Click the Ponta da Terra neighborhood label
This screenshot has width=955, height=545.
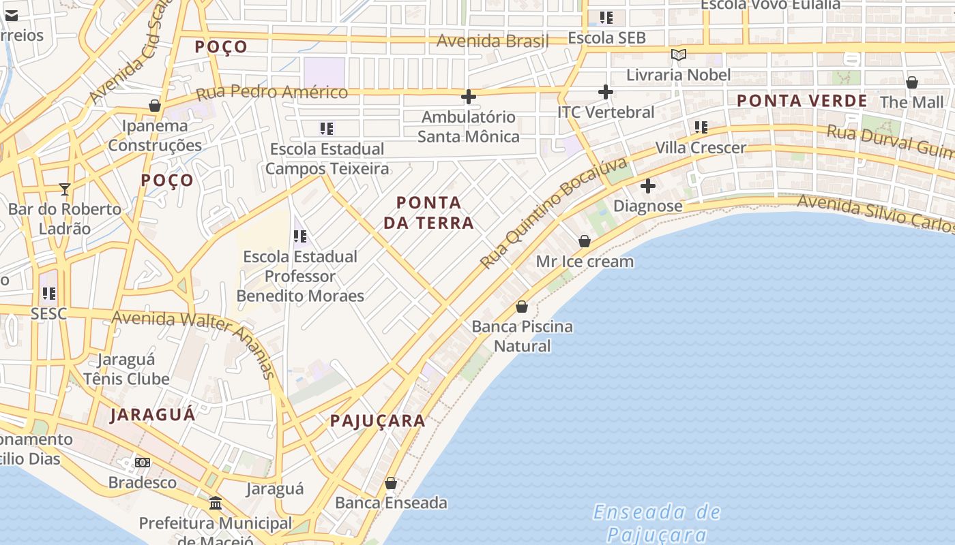(x=428, y=213)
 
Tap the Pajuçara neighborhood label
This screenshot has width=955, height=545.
(x=378, y=421)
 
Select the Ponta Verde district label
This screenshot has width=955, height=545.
(x=802, y=101)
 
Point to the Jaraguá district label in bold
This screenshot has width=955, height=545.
(x=153, y=414)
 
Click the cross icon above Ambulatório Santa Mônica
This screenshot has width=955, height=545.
(x=468, y=97)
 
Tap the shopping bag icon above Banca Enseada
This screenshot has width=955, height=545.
(x=391, y=483)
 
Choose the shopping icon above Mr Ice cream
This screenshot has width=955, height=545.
(x=585, y=241)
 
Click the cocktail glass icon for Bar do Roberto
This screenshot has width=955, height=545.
(x=65, y=189)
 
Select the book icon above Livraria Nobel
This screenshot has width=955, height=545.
(x=678, y=54)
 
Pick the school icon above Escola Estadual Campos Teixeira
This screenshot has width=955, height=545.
(x=327, y=128)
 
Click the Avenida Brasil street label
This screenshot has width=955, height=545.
(x=493, y=41)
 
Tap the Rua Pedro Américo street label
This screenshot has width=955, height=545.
(x=272, y=92)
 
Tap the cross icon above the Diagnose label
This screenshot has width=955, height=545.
(x=647, y=185)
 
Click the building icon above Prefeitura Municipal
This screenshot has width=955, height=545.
(x=216, y=503)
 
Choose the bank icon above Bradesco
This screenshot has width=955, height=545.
(x=143, y=463)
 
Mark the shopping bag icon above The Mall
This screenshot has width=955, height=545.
(x=911, y=82)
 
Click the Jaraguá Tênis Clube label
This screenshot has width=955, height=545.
(x=126, y=369)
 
